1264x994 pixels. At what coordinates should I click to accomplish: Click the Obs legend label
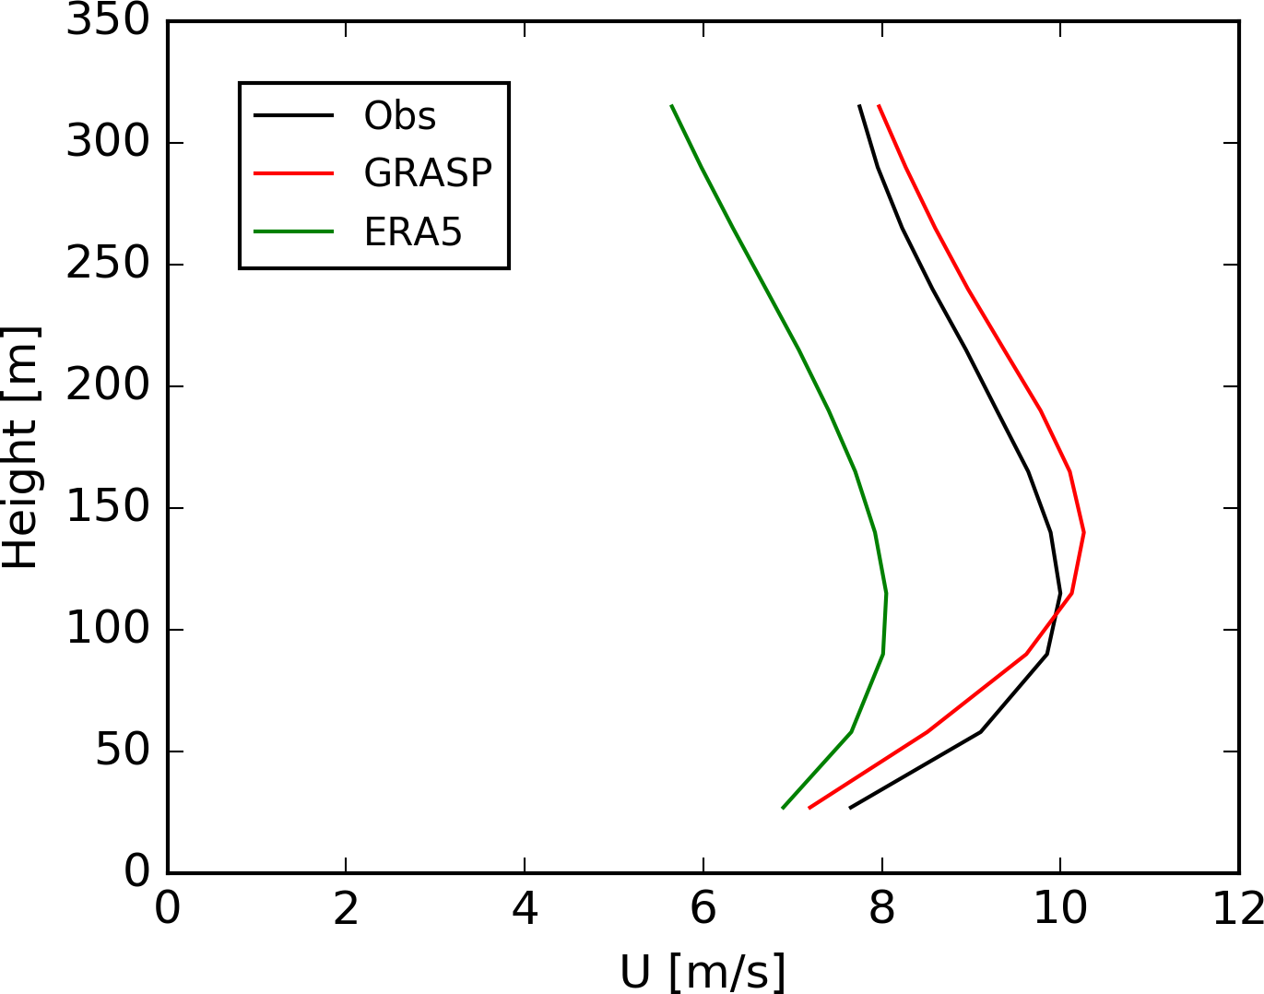point(399,116)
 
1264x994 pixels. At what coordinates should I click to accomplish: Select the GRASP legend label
point(428,173)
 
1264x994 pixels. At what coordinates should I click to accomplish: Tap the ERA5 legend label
point(412,231)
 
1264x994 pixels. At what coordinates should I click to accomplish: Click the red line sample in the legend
point(293,173)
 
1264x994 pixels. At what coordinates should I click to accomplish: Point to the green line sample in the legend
point(293,231)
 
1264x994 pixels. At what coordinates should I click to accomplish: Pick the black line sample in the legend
point(293,115)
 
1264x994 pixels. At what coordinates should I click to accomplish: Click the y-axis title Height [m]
point(20,447)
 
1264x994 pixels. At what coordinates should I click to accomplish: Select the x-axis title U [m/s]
point(703,971)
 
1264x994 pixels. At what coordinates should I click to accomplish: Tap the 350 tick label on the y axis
point(108,20)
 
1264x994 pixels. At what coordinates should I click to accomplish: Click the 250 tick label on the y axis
point(108,265)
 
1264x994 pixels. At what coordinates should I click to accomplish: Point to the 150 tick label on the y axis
point(108,508)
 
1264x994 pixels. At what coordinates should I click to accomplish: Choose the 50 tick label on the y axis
point(123,751)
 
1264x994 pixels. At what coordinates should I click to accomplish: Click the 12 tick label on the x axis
point(1237,910)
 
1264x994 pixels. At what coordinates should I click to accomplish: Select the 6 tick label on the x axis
point(703,910)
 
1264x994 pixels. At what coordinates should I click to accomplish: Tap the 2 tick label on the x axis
point(346,910)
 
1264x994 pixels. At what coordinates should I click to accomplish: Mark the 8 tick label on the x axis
point(881,910)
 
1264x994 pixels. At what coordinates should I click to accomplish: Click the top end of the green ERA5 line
point(671,105)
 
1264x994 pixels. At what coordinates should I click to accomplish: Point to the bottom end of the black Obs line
point(849,808)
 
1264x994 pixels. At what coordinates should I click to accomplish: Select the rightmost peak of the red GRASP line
point(1083,532)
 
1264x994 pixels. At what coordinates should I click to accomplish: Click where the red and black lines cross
point(1055,614)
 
